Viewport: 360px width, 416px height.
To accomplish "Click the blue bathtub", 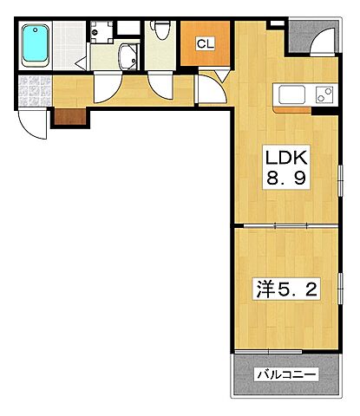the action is coord(36,45).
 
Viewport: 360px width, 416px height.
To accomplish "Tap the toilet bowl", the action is coord(161,29).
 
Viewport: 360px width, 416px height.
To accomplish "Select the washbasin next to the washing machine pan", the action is coord(128,57).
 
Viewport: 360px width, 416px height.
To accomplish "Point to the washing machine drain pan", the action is coord(101,32).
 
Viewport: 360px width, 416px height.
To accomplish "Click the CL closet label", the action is coord(206,44).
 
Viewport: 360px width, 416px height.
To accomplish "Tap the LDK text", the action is coord(286,158).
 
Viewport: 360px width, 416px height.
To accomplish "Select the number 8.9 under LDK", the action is coord(286,179).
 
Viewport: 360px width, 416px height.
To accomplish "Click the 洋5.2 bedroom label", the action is coord(286,289).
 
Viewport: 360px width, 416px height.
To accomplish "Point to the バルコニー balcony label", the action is coord(286,374).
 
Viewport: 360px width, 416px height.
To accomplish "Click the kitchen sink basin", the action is coord(292,94).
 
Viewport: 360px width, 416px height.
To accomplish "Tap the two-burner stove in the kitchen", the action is coord(324,94).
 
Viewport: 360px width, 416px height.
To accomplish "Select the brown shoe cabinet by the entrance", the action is coord(70,116).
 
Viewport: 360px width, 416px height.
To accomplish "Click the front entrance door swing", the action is coord(32,123).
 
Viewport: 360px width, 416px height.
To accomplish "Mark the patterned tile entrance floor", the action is coord(35,91).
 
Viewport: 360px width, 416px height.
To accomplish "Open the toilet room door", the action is coord(160,85).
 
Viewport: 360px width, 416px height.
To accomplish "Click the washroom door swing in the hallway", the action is coord(108,87).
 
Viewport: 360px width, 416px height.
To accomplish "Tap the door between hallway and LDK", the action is coord(212,88).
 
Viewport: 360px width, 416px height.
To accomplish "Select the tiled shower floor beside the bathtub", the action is coord(69,45).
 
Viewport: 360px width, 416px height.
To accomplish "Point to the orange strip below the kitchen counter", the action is coord(292,110).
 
